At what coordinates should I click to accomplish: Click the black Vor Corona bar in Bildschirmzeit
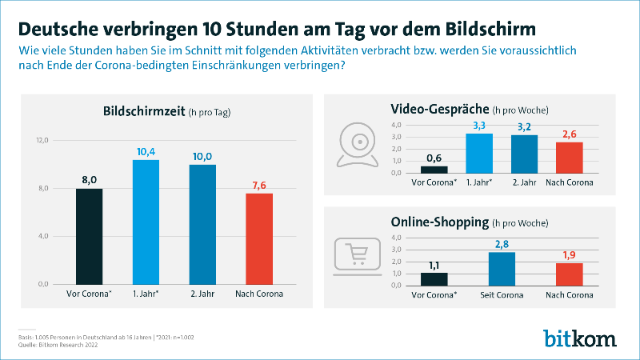[x=90, y=236]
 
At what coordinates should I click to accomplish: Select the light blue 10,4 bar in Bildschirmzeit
[x=146, y=222]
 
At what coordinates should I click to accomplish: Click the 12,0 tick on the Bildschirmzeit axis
[x=43, y=140]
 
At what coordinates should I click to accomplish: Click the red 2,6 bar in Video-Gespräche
[x=569, y=157]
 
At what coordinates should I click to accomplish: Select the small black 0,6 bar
[x=434, y=169]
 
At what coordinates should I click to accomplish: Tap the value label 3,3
[x=479, y=126]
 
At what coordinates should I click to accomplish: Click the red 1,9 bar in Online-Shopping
[x=569, y=274]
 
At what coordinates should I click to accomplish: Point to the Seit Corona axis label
[x=502, y=294]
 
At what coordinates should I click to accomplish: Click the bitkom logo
[x=580, y=337]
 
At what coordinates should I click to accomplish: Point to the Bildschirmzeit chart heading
[x=144, y=111]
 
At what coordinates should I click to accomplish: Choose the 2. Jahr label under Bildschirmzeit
[x=202, y=294]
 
